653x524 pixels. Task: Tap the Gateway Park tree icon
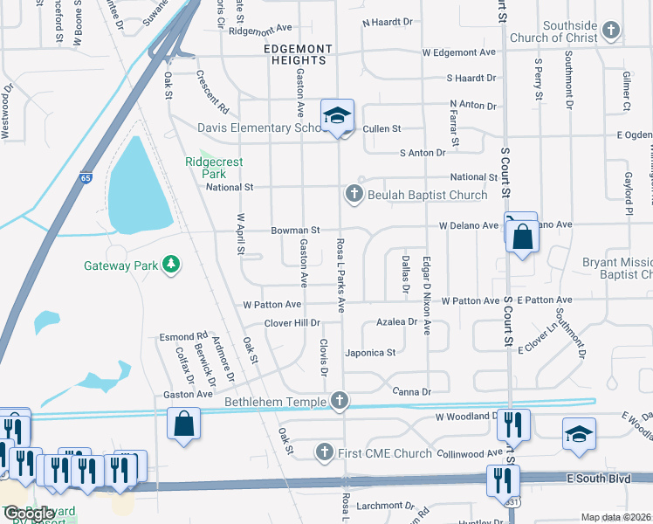tap(173, 264)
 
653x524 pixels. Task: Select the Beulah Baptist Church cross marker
tap(354, 194)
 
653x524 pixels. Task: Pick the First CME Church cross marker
tap(324, 452)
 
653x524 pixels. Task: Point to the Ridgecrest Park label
tap(214, 168)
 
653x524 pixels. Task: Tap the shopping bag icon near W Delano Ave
tap(522, 237)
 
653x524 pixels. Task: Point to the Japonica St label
tap(372, 353)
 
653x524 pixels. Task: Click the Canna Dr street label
tap(412, 391)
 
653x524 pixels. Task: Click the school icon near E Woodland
tap(579, 434)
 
